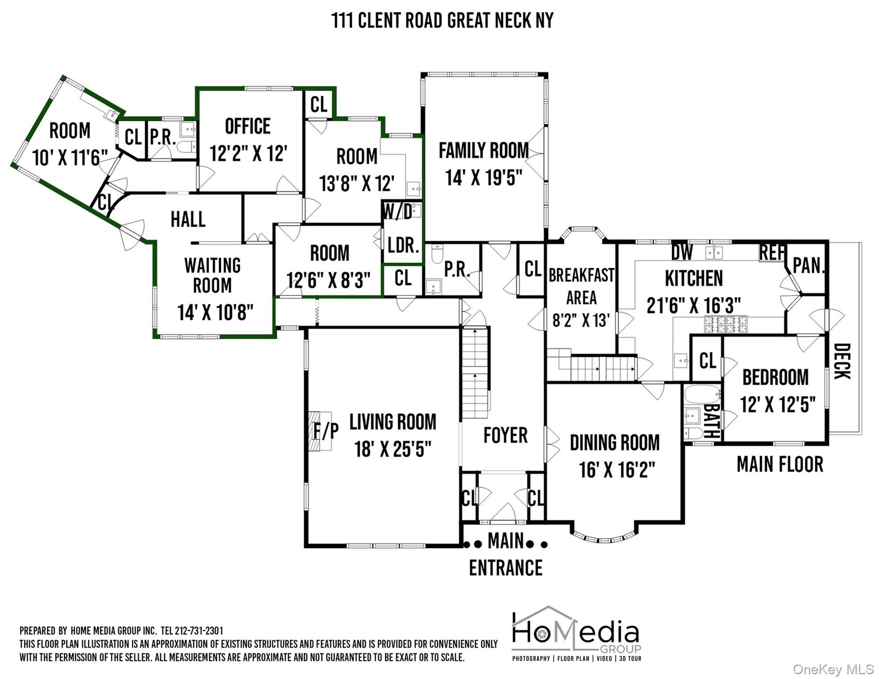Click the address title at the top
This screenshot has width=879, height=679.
point(442,21)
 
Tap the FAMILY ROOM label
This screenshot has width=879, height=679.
point(483,151)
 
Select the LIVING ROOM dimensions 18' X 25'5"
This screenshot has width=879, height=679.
point(393,450)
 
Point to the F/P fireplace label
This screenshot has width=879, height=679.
point(326,431)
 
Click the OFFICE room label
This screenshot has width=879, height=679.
point(248,126)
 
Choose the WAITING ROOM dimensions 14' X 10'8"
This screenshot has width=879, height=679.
point(215,313)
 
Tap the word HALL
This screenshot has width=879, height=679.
point(188,219)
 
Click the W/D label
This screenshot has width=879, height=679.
point(397,212)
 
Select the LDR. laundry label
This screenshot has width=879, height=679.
point(403,246)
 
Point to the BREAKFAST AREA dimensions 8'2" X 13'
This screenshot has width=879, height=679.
point(581,320)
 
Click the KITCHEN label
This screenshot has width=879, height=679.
point(694,278)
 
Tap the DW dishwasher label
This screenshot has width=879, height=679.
point(682,252)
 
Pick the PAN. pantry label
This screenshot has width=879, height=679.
point(808,266)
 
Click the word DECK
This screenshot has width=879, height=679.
point(842,361)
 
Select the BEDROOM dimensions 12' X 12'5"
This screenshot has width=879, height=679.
point(777,405)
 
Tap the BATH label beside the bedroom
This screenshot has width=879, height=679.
point(711,420)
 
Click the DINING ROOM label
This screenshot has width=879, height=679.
point(615,443)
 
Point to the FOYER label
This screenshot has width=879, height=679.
point(505,435)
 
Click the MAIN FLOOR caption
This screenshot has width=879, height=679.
point(780,464)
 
